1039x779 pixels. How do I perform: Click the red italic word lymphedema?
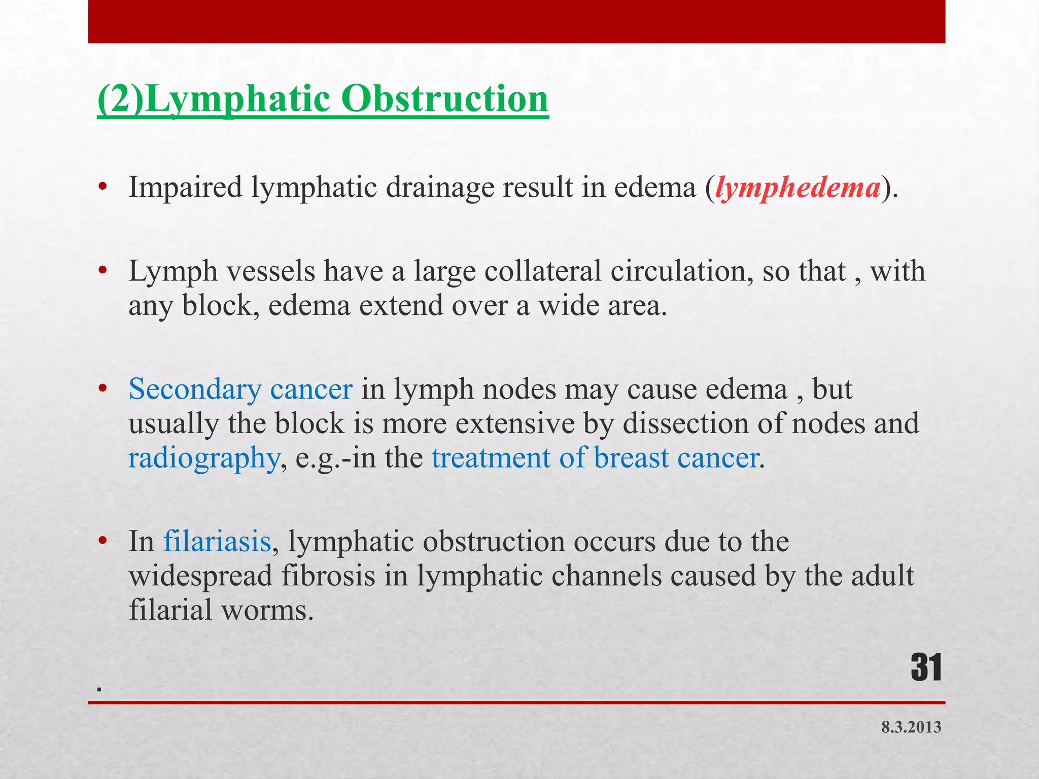(x=798, y=188)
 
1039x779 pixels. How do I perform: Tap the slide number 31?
(x=926, y=668)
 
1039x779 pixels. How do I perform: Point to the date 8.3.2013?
(x=911, y=727)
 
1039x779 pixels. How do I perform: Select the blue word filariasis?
(x=217, y=542)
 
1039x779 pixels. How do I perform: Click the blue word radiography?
(x=203, y=458)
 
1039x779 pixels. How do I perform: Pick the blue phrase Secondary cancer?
(x=240, y=389)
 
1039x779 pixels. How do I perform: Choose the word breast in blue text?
(x=632, y=458)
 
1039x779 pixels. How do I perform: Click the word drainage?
(x=439, y=188)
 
